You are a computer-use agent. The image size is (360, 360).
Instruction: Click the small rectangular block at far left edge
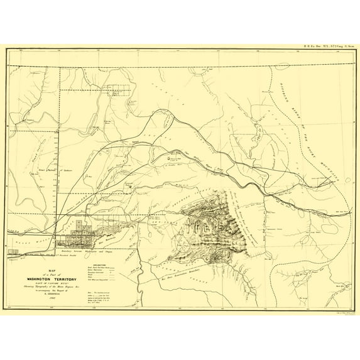[x=13, y=251]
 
